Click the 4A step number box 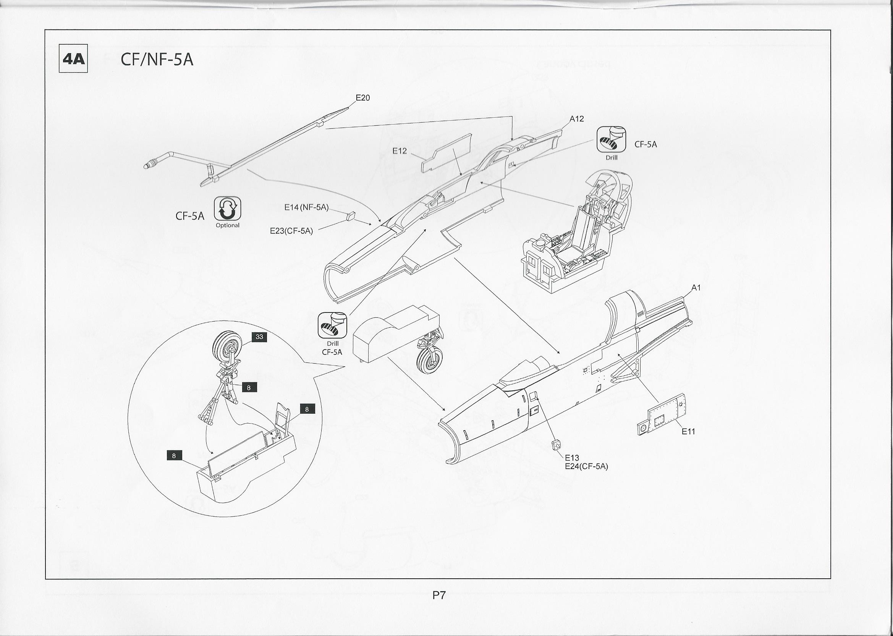[73, 59]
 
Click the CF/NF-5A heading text [157, 60]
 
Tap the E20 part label [362, 98]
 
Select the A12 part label [576, 119]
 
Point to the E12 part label [400, 151]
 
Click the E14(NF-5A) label [306, 207]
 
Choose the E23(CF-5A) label [291, 231]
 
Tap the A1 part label [696, 288]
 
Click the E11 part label [688, 432]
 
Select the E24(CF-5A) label [586, 466]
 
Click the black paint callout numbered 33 [259, 337]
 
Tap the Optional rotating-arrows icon [228, 209]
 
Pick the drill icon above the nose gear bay [332, 325]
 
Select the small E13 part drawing [556, 445]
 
